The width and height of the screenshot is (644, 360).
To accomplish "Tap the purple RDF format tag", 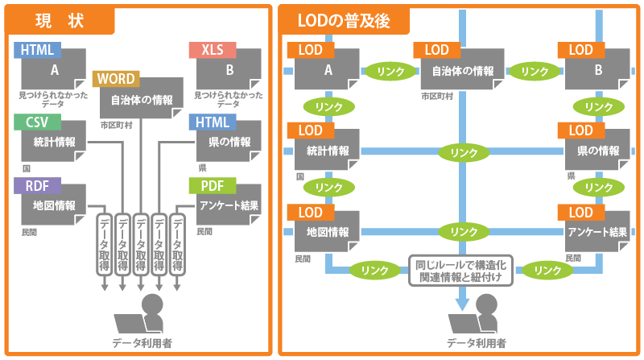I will point(37,186).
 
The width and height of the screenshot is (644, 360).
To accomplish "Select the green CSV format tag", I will point(36,122).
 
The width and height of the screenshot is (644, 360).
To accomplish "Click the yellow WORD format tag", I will point(116,79).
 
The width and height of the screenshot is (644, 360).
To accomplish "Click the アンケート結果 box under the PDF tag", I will point(229,207).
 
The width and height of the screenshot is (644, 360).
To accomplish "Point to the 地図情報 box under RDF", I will point(53,207).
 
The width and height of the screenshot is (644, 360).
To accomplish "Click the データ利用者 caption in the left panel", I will point(141,342).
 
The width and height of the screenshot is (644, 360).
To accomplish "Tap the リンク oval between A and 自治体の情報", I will point(390,71).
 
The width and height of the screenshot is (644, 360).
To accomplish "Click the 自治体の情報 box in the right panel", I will point(462,71).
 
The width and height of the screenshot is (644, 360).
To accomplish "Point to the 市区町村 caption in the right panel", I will point(436,96).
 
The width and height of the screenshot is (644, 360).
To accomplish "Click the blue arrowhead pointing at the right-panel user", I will point(462,304).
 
